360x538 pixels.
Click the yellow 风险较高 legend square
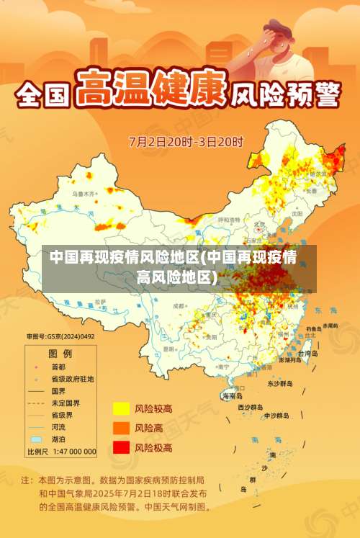click(120, 408)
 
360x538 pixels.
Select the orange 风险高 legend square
click(120, 427)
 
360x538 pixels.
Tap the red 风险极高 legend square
click(120, 447)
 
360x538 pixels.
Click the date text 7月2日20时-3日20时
click(186, 141)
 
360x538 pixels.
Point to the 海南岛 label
click(233, 396)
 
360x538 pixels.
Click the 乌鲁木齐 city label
click(84, 194)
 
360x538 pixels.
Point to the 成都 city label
click(179, 306)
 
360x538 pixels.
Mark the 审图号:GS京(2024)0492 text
click(60, 336)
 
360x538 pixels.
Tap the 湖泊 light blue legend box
click(36, 439)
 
